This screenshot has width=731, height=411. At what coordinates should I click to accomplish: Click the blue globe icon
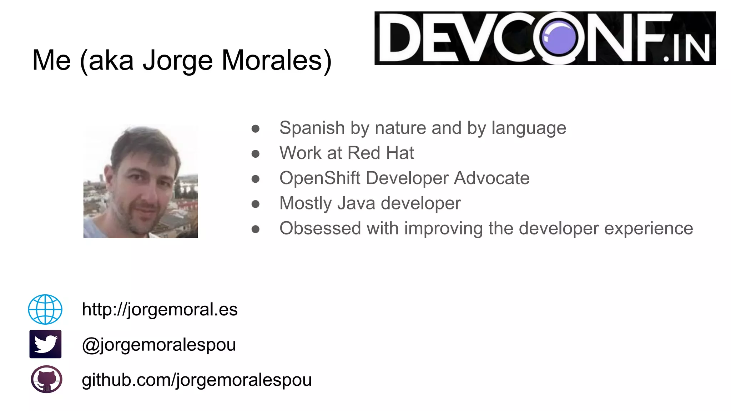click(x=45, y=309)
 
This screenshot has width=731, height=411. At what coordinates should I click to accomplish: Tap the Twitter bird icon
click(x=45, y=344)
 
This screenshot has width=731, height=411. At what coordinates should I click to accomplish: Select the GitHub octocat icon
click(x=46, y=379)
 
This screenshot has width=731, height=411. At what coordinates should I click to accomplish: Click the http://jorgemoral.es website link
click(x=160, y=309)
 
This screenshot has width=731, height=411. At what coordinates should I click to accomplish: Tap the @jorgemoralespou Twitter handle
click(x=159, y=345)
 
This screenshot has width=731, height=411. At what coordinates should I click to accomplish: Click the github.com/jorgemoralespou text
click(x=197, y=380)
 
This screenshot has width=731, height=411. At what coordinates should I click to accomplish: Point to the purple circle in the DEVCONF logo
click(x=559, y=37)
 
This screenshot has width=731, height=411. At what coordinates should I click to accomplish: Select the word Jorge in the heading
click(x=178, y=61)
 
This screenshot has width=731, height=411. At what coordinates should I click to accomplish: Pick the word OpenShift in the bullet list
click(x=319, y=178)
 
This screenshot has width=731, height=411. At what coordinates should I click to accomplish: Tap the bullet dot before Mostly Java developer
click(x=255, y=204)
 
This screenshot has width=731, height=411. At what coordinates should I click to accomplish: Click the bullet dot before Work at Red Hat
click(x=255, y=154)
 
